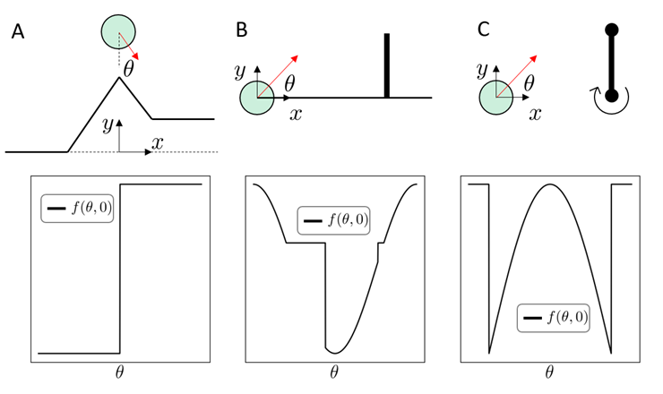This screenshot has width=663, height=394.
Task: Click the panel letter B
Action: click(241, 30)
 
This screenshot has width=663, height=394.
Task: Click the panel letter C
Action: click(484, 30)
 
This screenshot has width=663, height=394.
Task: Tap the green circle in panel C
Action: click(497, 97)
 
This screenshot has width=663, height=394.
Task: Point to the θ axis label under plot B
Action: click(334, 371)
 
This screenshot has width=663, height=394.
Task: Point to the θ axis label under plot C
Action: click(549, 371)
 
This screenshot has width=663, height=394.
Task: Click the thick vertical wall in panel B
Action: click(388, 64)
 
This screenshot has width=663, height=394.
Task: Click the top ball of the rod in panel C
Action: click(612, 32)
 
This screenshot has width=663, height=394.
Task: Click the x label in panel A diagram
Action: click(158, 142)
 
